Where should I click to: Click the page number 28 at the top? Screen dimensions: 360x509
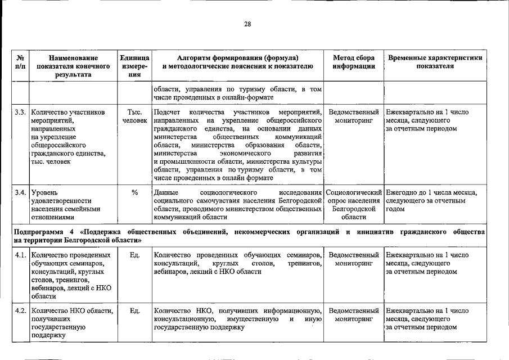tap(247, 24)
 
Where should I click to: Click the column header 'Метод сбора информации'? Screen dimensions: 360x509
tap(353, 62)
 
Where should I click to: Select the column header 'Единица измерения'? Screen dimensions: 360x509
tap(134, 66)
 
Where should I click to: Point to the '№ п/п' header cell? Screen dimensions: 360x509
tap(20, 62)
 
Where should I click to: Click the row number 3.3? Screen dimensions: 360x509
tap(20, 112)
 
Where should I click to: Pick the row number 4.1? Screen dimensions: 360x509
tap(20, 255)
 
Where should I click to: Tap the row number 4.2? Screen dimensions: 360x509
tap(20, 310)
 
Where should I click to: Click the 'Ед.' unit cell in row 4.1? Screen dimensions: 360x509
tap(134, 255)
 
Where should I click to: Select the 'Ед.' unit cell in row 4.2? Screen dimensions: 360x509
tap(134, 310)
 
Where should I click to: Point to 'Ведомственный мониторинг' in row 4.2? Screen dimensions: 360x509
tap(354, 314)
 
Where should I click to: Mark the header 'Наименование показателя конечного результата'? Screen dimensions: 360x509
tap(73, 66)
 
